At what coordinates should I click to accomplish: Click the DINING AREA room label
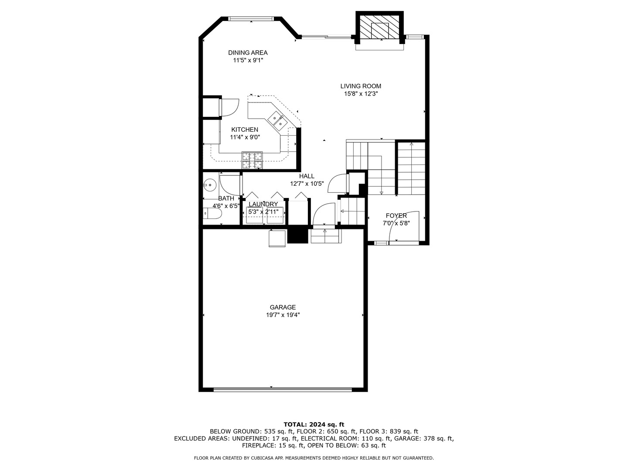pos(248,53)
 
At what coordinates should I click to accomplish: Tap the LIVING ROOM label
pos(361,86)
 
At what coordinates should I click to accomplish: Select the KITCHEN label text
pos(244,130)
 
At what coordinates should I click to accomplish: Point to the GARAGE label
pos(283,307)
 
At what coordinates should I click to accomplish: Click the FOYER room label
pos(396,215)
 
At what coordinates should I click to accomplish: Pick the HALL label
pos(307,176)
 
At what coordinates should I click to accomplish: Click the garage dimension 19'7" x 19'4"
pos(283,315)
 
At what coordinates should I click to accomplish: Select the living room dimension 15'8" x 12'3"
pos(361,94)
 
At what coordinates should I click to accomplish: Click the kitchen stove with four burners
pos(253,160)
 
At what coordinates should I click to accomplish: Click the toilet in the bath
pos(212,214)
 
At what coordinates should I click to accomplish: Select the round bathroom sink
pos(210,185)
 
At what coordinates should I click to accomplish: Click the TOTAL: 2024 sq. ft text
pos(314,424)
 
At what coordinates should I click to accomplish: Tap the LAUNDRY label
pos(263,204)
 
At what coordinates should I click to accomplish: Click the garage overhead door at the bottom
pos(283,389)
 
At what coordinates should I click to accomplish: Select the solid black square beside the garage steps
pos(298,235)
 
